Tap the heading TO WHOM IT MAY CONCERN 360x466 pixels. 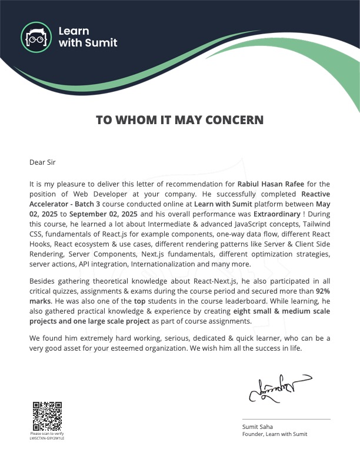(x=179, y=120)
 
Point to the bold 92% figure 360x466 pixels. (x=322, y=291)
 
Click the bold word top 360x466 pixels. (x=148, y=300)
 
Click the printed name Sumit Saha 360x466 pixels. (x=257, y=427)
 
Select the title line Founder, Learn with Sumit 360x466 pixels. (x=275, y=434)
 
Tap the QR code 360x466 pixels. (x=47, y=416)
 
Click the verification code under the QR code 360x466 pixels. (x=47, y=438)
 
